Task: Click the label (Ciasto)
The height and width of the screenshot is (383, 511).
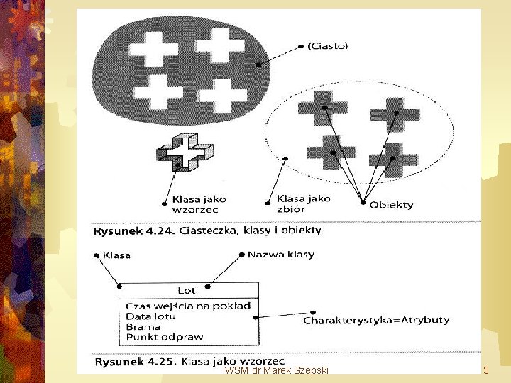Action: point(327,46)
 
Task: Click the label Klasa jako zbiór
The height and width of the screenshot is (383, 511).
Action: point(303,204)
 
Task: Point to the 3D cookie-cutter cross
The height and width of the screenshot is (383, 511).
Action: point(185,153)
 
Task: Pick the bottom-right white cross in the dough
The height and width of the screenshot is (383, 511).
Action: point(222,96)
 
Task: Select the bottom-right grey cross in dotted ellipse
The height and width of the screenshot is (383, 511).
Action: point(392,159)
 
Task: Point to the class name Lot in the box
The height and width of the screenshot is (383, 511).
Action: point(186,290)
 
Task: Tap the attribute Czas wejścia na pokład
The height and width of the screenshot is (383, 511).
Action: point(187,306)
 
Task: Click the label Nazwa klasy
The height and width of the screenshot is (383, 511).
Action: point(280,254)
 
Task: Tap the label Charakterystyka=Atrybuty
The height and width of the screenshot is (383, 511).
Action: point(376,320)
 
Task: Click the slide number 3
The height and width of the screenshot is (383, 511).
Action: point(486,370)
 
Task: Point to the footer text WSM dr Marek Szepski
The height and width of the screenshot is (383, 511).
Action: point(276,370)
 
